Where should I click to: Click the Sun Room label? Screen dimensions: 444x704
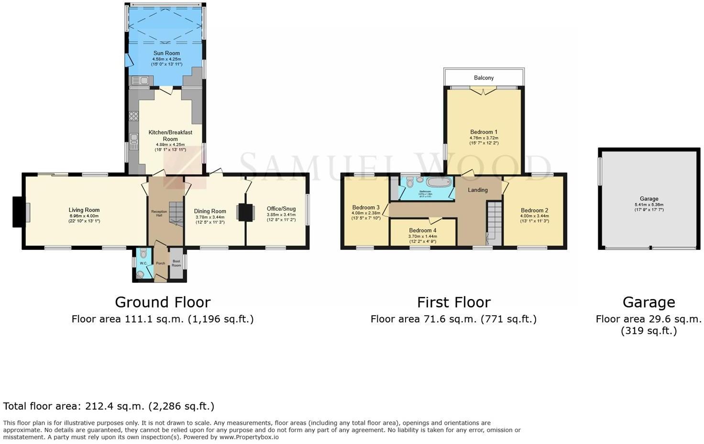[166, 53]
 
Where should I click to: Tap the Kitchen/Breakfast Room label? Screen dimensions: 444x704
[170, 135]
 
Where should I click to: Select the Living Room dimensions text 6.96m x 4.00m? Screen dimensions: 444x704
[84, 216]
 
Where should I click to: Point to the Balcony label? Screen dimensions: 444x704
[484, 78]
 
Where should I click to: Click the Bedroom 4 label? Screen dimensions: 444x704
[422, 230]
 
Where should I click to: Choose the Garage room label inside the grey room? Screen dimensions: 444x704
[649, 199]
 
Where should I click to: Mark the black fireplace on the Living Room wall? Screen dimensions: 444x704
[17, 212]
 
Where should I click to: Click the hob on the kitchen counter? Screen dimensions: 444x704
[134, 116]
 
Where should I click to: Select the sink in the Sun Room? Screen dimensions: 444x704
[139, 81]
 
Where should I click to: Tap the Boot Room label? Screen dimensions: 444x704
[176, 263]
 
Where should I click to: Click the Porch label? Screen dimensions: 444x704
[161, 263]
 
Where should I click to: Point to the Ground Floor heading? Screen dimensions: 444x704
[163, 302]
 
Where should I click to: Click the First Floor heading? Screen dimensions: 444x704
[453, 302]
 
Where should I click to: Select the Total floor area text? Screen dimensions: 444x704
[109, 406]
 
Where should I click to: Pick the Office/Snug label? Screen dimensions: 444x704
[281, 209]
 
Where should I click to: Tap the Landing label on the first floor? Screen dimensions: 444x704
[478, 190]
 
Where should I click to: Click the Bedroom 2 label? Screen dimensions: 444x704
[534, 210]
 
